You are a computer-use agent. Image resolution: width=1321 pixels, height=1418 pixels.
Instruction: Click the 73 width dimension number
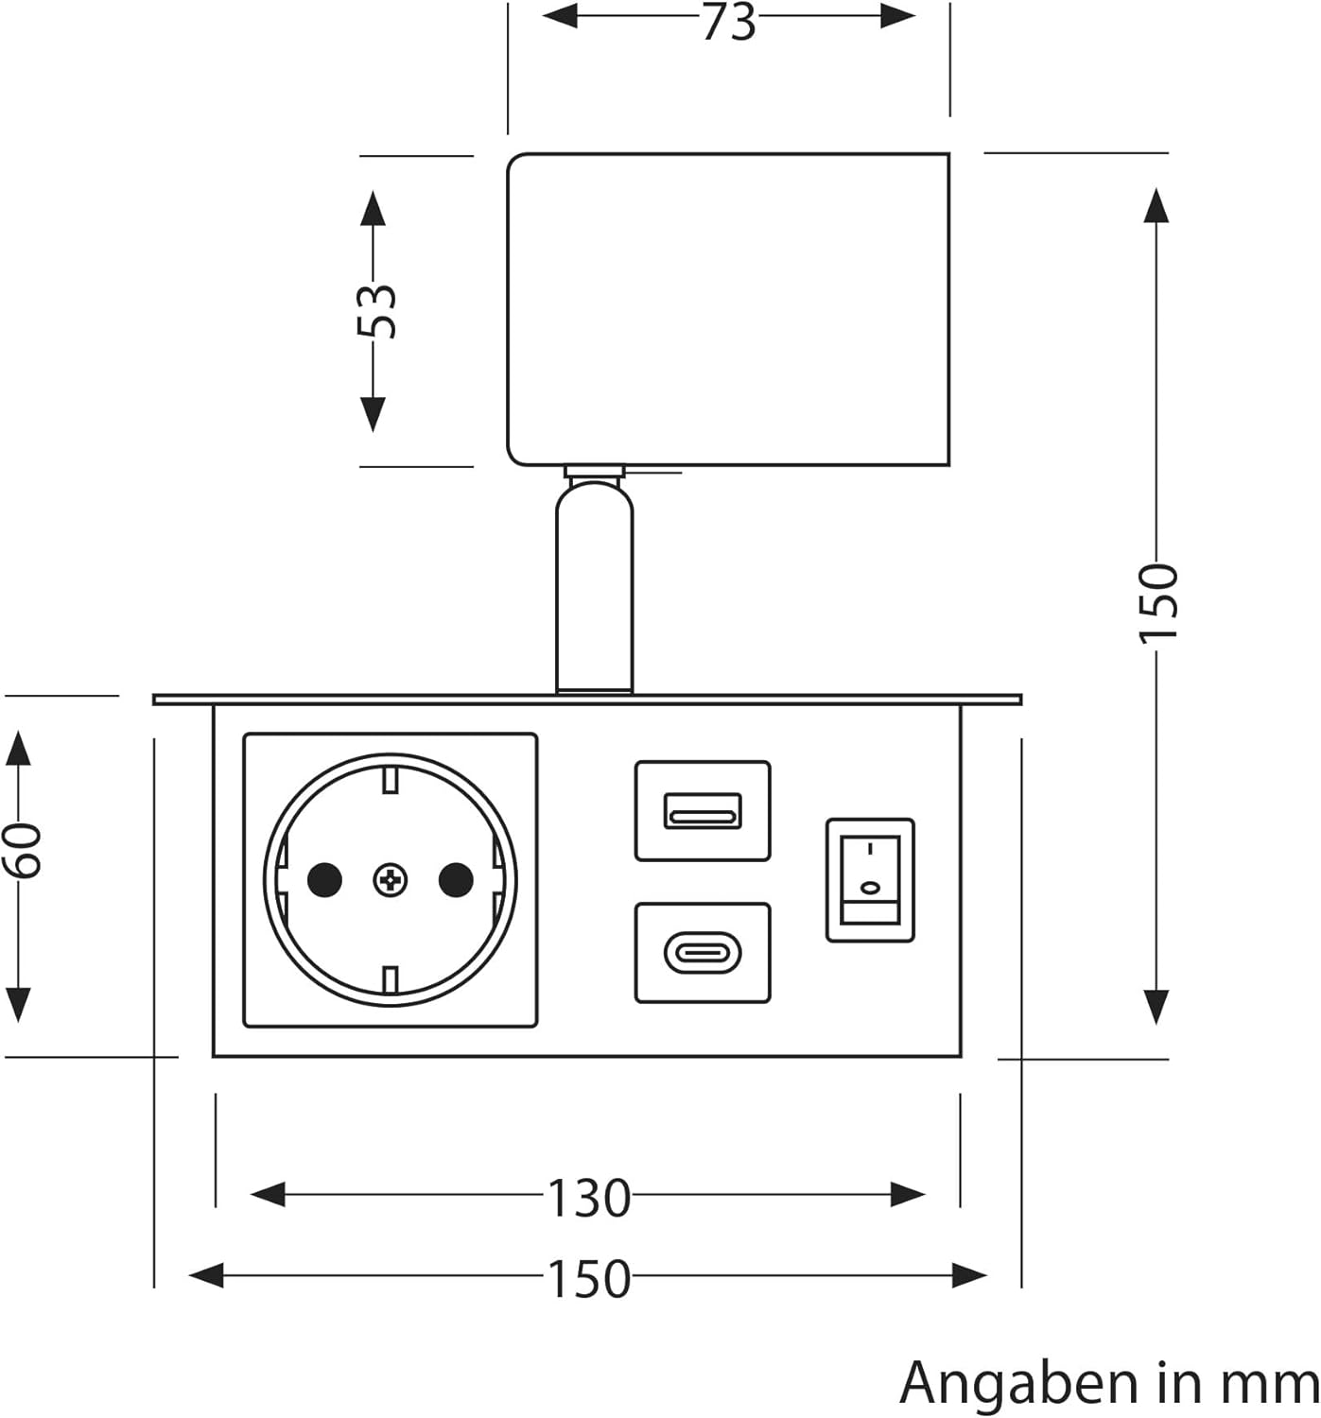point(728,21)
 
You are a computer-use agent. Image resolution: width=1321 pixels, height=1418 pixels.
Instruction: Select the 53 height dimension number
point(377,310)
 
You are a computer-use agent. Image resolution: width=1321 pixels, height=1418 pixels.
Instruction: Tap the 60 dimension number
point(21,849)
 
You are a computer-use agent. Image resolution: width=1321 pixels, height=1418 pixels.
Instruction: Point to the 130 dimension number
point(588,1198)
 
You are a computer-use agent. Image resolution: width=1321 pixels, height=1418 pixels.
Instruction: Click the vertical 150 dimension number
point(1157,602)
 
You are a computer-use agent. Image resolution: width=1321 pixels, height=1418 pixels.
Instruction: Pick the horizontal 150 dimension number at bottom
point(588,1278)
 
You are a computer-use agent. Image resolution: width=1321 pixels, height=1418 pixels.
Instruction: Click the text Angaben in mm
point(1108,1383)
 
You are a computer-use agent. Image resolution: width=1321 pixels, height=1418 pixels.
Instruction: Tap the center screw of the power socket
point(390,880)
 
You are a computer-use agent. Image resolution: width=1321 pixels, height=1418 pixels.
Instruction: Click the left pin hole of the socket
point(324,880)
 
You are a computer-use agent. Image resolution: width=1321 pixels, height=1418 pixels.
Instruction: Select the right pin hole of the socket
point(456,880)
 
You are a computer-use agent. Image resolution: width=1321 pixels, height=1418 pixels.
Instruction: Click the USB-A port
point(702,810)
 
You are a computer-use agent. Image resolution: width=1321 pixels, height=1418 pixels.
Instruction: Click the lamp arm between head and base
point(595,586)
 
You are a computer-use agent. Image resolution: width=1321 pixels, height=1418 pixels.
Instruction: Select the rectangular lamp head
point(728,309)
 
